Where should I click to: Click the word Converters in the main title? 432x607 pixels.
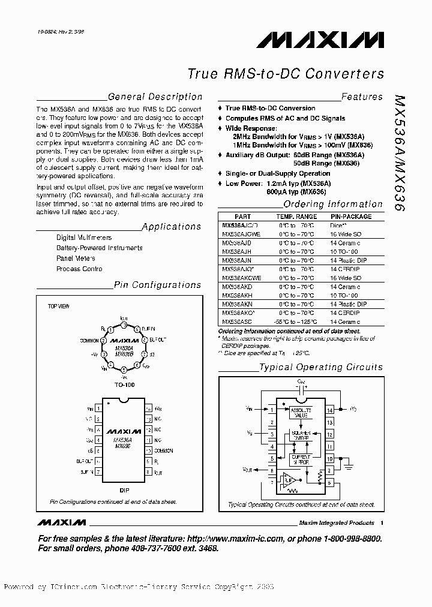coord(344,74)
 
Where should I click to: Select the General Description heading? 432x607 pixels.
coord(154,97)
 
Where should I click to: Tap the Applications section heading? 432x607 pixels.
coord(172,227)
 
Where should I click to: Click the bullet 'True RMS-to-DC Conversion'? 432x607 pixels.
coord(270,108)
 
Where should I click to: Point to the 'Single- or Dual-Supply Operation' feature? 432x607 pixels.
coord(278,173)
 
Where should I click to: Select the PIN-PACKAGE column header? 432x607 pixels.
coord(351,217)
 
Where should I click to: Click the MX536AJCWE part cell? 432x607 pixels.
coord(241,235)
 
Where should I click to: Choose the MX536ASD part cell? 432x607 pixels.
coord(237,322)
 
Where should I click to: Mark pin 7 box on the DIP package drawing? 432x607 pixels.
coord(98,472)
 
